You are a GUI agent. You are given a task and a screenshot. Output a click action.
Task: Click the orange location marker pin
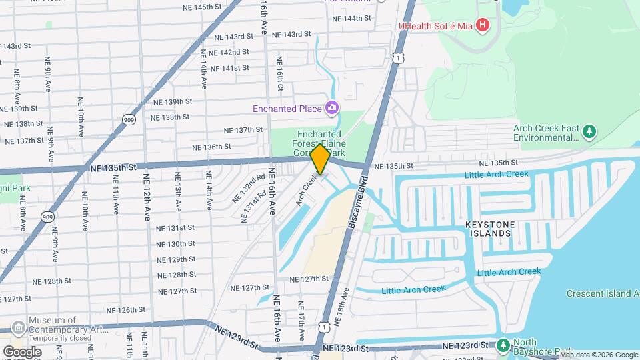[320, 159]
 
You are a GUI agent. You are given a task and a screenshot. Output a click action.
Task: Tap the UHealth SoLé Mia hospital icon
[484, 27]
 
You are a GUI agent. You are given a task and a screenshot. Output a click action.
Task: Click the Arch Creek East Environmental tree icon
[589, 132]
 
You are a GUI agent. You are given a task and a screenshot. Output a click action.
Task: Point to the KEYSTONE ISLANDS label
[490, 228]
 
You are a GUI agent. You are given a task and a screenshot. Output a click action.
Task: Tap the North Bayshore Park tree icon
[503, 345]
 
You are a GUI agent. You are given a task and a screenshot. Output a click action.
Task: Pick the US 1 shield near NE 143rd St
[398, 59]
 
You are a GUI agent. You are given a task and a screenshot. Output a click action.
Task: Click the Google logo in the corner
[22, 351]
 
